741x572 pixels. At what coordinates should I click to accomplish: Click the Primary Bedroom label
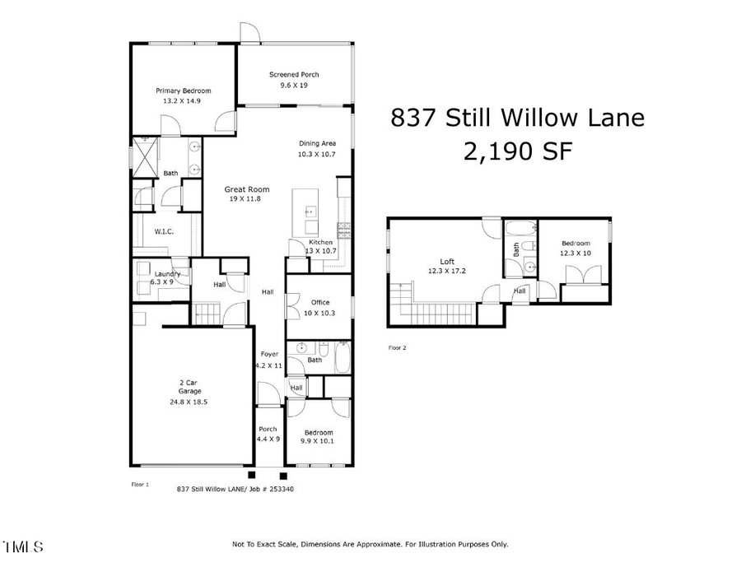(x=184, y=91)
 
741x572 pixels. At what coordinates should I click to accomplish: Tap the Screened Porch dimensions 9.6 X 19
(x=294, y=85)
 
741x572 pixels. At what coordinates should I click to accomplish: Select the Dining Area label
(x=317, y=143)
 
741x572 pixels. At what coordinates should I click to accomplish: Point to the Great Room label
(x=247, y=189)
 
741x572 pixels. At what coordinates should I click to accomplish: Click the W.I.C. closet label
(x=165, y=232)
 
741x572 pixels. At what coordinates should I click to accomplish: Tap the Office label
(x=319, y=302)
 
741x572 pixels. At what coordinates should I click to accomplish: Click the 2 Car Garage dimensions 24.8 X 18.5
(x=188, y=402)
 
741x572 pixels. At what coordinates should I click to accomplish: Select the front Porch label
(x=268, y=429)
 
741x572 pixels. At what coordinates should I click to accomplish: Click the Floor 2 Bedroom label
(x=576, y=244)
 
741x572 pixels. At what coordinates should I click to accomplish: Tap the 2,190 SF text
(x=517, y=151)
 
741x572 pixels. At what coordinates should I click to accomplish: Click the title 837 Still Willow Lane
(x=517, y=118)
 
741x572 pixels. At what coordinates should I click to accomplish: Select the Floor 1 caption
(x=140, y=485)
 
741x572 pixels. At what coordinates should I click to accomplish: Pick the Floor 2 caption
(x=397, y=347)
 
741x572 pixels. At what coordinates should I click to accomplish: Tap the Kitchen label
(x=320, y=242)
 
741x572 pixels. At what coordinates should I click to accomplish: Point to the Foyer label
(x=268, y=355)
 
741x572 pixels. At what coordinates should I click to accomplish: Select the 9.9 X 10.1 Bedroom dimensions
(x=318, y=441)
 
